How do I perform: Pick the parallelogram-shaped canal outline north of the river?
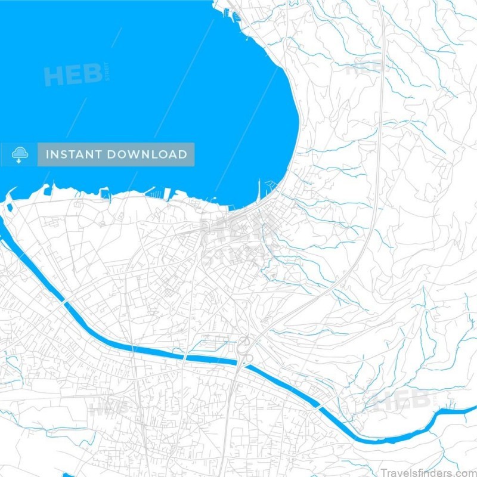(212, 343)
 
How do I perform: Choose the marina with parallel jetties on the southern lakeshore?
(170, 194)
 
